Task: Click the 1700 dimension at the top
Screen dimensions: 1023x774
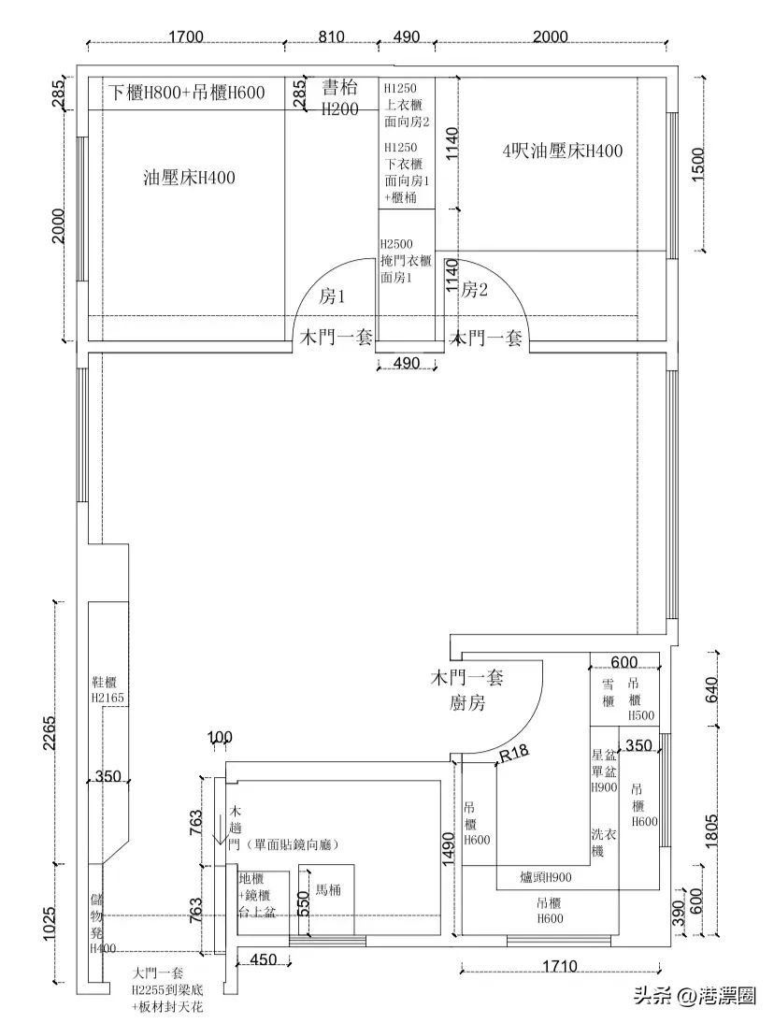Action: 186,36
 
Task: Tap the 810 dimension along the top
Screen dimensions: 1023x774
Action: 331,36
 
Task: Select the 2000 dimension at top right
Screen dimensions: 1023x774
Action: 550,36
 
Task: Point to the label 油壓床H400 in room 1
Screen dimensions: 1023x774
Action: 190,178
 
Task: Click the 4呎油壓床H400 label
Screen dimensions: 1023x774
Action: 562,151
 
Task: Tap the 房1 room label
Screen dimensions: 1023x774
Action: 333,296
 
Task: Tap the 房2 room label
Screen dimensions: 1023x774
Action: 475,290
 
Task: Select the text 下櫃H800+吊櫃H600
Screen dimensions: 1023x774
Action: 187,93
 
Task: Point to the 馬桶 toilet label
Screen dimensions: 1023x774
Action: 327,891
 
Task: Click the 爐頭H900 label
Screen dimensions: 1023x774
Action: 546,877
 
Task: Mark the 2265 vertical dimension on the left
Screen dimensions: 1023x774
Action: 49,734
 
